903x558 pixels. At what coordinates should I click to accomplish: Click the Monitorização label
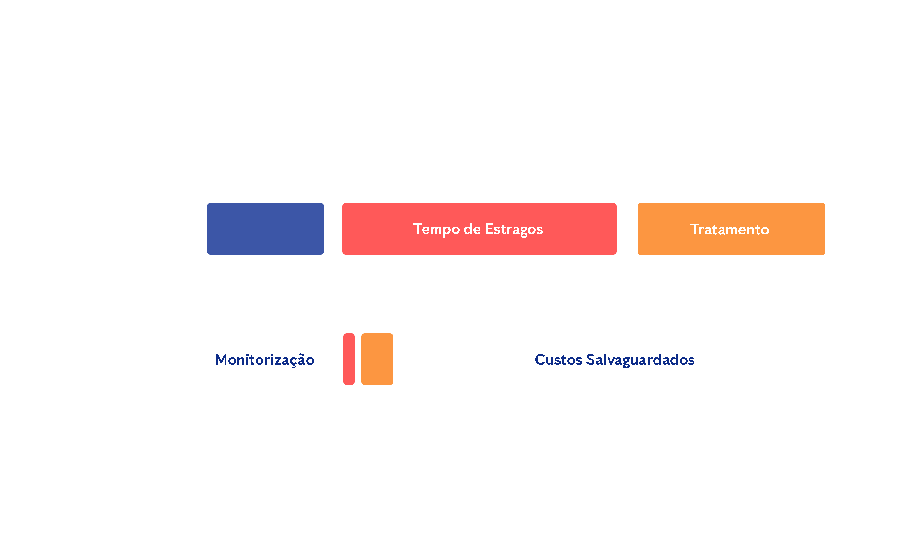(x=264, y=359)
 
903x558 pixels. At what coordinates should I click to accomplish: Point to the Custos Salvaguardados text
(x=614, y=359)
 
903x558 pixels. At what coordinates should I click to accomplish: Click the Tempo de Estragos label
(x=478, y=229)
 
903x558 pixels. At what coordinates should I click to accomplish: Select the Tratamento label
(x=729, y=229)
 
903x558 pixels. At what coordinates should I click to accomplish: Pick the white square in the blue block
(x=266, y=306)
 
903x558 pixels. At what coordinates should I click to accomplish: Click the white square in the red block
(x=626, y=151)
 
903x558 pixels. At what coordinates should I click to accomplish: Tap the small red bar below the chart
(x=349, y=359)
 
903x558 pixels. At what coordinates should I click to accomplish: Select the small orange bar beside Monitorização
(x=377, y=359)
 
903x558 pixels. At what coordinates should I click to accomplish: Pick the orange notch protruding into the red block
(x=650, y=229)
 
